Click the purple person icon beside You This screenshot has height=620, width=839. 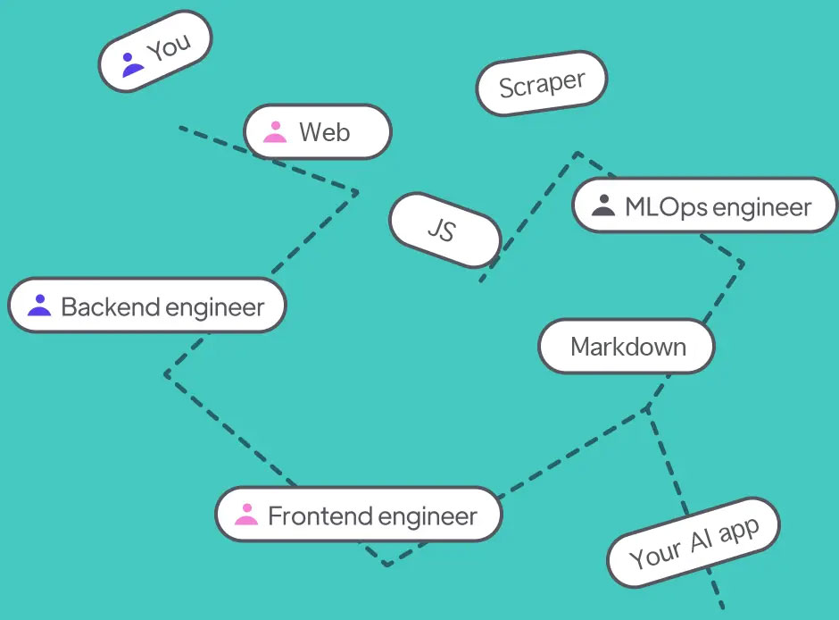132,64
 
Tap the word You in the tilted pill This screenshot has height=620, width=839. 169,47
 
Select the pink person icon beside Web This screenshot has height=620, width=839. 275,132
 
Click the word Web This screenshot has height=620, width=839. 324,132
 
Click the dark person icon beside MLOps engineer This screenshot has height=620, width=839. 604,205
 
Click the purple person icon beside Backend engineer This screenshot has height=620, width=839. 39,306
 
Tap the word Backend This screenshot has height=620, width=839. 111,307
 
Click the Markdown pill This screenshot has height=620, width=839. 627,347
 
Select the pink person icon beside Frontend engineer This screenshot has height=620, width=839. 245,515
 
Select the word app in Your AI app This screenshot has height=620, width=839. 739,531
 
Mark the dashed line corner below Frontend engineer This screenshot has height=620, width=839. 386,565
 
